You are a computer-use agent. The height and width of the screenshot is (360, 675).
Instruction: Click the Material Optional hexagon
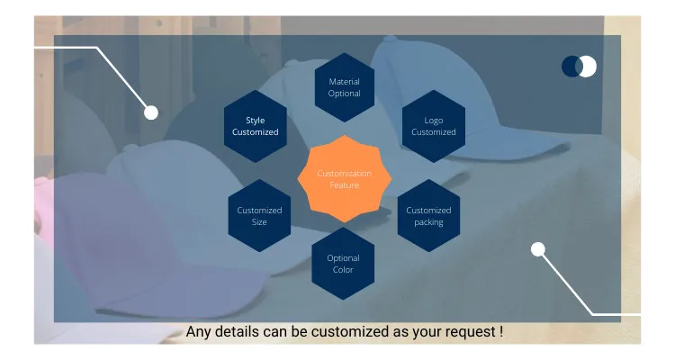(x=344, y=87)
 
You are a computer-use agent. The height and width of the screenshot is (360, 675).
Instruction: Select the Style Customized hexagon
(x=256, y=126)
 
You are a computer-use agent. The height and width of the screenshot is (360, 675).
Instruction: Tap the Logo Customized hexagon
(x=434, y=126)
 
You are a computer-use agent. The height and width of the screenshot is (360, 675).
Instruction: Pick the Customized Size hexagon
(x=259, y=216)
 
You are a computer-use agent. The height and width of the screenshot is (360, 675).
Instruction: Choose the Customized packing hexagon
(x=428, y=216)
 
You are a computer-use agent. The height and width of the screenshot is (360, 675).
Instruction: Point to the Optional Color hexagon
(x=343, y=264)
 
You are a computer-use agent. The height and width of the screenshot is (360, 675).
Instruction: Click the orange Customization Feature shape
(x=344, y=178)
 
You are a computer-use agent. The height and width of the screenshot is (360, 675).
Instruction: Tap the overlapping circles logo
(x=579, y=66)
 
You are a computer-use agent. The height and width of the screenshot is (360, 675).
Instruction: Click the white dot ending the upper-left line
(x=151, y=112)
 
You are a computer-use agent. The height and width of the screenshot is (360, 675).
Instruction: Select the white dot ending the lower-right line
(x=538, y=249)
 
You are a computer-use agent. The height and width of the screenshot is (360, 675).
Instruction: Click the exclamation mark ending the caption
(x=500, y=331)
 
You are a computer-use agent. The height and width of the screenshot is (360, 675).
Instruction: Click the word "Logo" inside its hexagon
(x=434, y=121)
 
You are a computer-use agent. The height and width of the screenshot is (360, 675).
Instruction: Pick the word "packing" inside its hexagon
(x=428, y=222)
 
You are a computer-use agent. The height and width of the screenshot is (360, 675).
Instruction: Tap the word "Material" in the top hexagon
(x=344, y=82)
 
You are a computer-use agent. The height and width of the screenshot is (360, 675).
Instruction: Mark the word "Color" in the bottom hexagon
(x=343, y=270)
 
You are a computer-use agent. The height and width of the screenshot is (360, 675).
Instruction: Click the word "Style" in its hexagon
(x=256, y=121)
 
